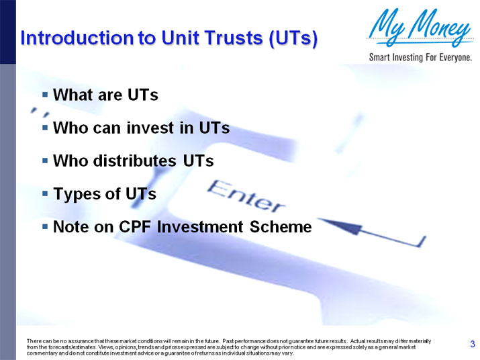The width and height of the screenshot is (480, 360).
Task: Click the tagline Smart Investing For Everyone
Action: point(420,57)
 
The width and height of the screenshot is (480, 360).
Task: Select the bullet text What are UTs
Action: point(105,95)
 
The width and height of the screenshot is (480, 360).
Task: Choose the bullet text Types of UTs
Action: point(104,194)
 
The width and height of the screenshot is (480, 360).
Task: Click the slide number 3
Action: point(473,345)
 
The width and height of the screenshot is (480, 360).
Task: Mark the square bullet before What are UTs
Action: point(44,95)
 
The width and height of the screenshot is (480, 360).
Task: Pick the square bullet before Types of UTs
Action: point(44,194)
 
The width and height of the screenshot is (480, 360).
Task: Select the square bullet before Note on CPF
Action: point(44,227)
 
